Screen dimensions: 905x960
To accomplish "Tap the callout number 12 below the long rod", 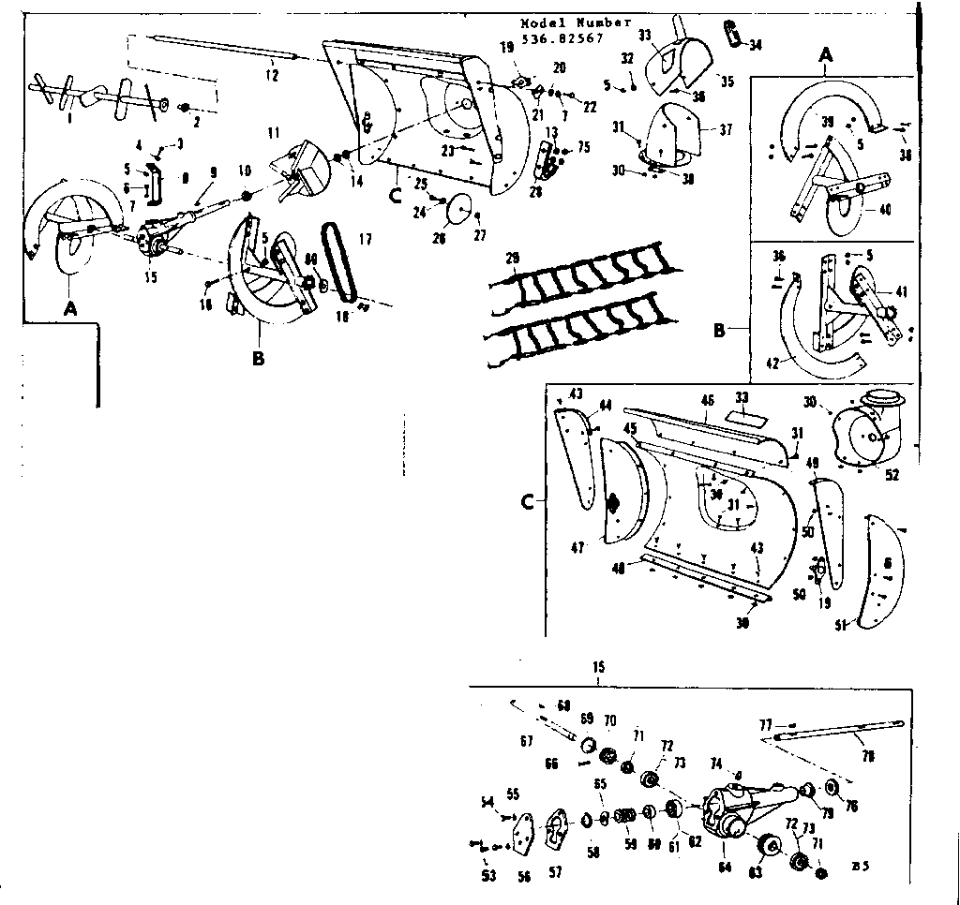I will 271,76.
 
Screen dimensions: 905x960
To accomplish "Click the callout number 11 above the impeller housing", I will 274,134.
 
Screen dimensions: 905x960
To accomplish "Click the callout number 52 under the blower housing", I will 892,475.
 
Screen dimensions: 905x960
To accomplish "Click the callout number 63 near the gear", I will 754,873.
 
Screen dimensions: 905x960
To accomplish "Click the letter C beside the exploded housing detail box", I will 528,503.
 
